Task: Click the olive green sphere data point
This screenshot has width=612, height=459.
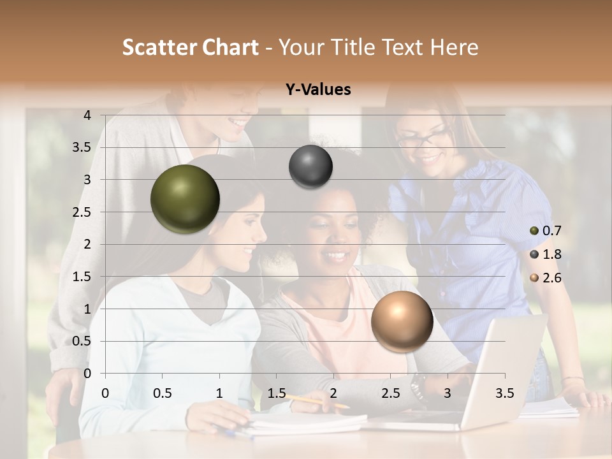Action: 185,199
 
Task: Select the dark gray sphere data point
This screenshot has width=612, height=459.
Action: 310,166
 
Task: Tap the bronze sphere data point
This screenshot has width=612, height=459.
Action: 402,321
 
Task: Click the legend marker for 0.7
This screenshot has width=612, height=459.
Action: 534,231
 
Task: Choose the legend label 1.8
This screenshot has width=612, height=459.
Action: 552,254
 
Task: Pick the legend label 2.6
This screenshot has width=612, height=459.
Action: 552,278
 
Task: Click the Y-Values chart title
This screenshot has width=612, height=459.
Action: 318,90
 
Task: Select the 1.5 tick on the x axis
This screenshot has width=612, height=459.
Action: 276,393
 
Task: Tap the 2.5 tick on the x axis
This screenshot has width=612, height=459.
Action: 390,393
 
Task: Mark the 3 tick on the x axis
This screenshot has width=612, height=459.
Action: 448,393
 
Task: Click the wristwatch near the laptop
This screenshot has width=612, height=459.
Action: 418,386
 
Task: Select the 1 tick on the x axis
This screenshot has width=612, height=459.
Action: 219,393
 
